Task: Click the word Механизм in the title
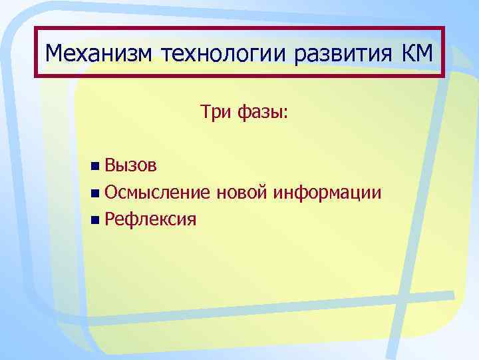[x=99, y=53]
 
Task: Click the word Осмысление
[x=158, y=193]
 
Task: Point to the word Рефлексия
[x=150, y=219]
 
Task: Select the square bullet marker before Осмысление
[x=97, y=193]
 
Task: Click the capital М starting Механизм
[x=55, y=52]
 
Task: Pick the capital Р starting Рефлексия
[x=110, y=219]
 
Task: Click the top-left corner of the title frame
[x=37, y=29]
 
